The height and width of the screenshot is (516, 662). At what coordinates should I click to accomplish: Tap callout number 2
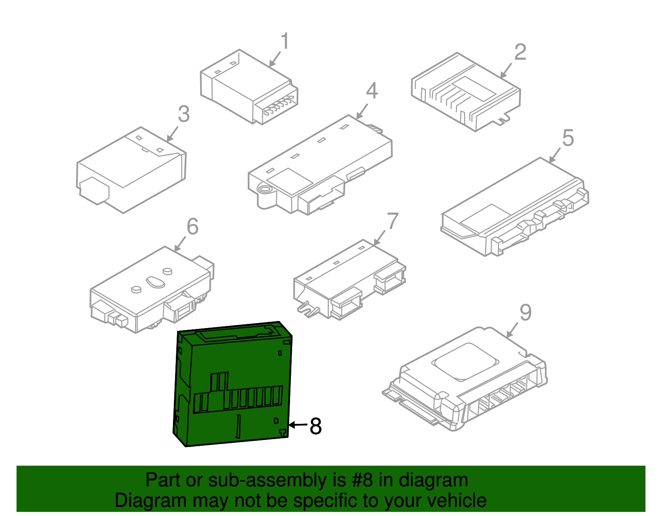point(520,52)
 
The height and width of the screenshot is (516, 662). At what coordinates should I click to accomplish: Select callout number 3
point(184,114)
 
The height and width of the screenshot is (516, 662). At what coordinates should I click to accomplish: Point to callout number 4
point(372,91)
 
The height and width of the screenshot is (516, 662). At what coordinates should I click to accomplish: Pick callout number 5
point(568,138)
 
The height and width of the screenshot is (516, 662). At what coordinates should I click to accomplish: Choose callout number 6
point(192,226)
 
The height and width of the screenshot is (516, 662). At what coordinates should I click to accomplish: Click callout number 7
point(392,221)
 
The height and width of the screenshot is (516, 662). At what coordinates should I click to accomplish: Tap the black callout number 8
point(316,426)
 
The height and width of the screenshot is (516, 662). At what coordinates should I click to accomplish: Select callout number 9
point(525,313)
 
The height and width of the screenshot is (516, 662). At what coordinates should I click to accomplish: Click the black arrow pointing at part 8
point(298,425)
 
